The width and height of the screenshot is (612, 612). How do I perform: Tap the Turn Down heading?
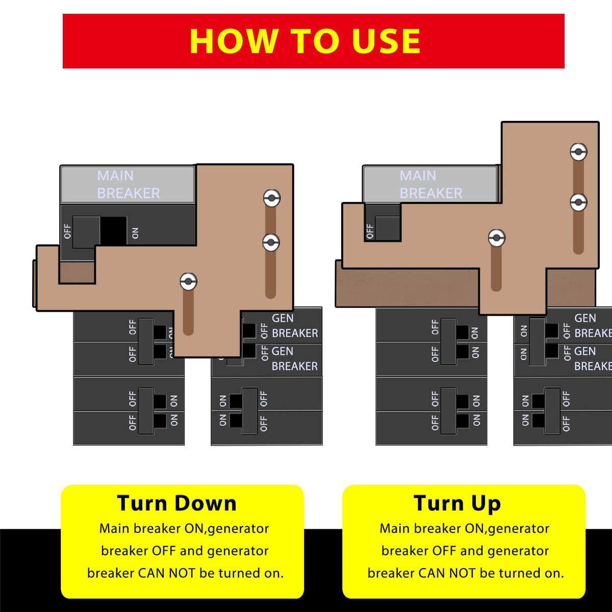click(177, 503)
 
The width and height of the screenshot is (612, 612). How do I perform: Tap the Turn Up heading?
click(457, 503)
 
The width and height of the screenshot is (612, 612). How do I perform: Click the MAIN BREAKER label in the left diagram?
click(128, 185)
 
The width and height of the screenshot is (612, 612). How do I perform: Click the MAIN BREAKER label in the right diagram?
click(430, 185)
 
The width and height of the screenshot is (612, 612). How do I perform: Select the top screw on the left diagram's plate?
click(271, 198)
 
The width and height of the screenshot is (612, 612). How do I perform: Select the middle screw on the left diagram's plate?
click(271, 242)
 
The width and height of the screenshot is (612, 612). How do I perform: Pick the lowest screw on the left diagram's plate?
click(188, 282)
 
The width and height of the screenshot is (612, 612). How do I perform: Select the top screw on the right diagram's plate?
click(578, 152)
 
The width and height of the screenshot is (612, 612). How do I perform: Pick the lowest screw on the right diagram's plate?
click(496, 238)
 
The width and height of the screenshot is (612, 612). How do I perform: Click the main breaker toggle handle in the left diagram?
click(86, 232)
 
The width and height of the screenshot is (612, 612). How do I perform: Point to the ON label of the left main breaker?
click(135, 233)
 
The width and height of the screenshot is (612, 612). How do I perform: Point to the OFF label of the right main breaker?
click(370, 231)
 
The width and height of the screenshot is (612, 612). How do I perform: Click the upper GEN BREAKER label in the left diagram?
click(294, 326)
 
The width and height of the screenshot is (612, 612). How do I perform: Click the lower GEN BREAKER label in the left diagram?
click(294, 359)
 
